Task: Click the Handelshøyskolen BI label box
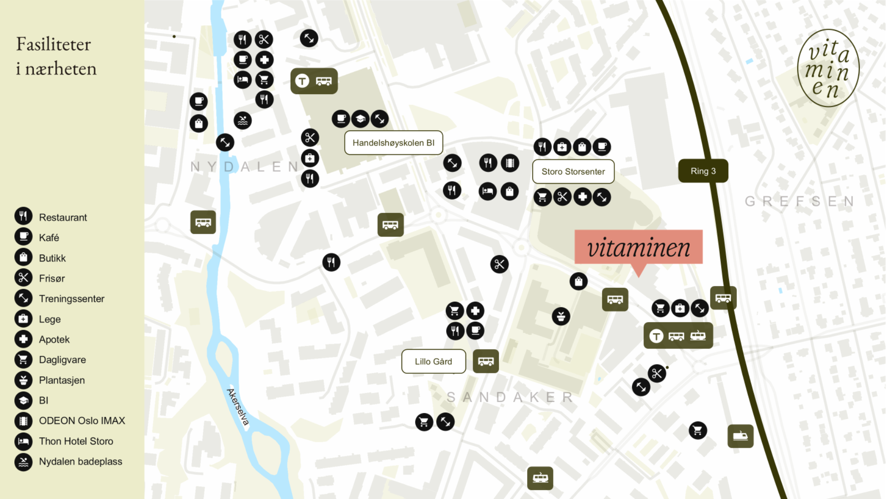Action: (x=393, y=143)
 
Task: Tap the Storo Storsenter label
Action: (x=573, y=171)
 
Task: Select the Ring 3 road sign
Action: (x=703, y=171)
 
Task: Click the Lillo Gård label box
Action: (x=433, y=361)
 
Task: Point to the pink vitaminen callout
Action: (x=638, y=248)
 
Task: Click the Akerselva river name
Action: (x=238, y=407)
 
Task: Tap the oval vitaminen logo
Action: (x=828, y=68)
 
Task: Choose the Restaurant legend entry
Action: (x=62, y=217)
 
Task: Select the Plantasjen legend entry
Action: (x=61, y=380)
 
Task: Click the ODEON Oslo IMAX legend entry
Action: (x=81, y=421)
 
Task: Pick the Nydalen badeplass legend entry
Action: (x=80, y=462)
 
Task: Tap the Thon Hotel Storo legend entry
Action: (x=76, y=441)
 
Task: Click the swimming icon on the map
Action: (x=243, y=121)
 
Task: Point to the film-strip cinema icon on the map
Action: (x=510, y=163)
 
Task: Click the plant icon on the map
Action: (x=561, y=316)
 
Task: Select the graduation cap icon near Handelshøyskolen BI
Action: (x=360, y=119)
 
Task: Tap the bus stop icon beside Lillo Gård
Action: (x=486, y=361)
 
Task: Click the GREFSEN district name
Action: (x=799, y=201)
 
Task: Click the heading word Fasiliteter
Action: (x=54, y=44)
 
